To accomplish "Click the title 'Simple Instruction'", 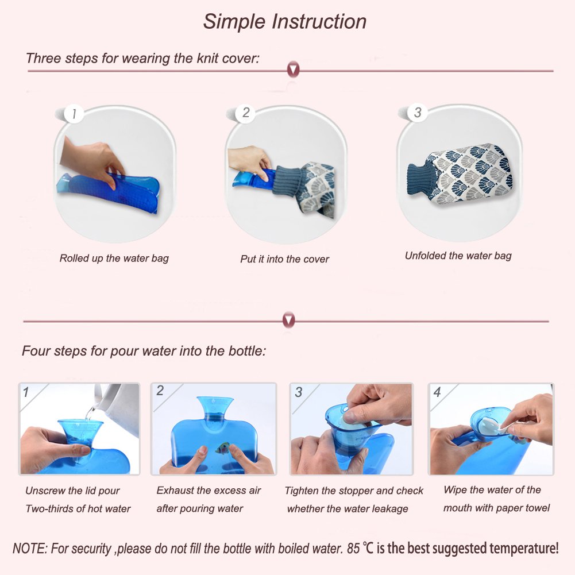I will coord(285,21).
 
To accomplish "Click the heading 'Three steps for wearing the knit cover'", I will coord(142,58).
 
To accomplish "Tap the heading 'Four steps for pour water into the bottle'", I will coord(144,350).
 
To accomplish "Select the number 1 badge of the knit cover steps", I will coord(74,114).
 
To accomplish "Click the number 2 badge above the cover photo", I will coord(246,113).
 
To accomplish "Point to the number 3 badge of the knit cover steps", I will coord(418,113).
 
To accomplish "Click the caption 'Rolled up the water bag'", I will coord(114,258).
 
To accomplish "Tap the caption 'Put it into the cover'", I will coord(284,259).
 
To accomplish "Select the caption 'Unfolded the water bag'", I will coord(458,256).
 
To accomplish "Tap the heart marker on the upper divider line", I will coord(293,71).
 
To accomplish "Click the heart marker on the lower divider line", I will coord(289,321).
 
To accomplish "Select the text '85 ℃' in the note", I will coord(361,547).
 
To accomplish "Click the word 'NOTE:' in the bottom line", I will coord(30,548).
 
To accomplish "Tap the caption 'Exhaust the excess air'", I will coord(209,491).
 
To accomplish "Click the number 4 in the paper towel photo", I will coord(437,392).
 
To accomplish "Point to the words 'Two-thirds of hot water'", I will coord(78,508).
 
